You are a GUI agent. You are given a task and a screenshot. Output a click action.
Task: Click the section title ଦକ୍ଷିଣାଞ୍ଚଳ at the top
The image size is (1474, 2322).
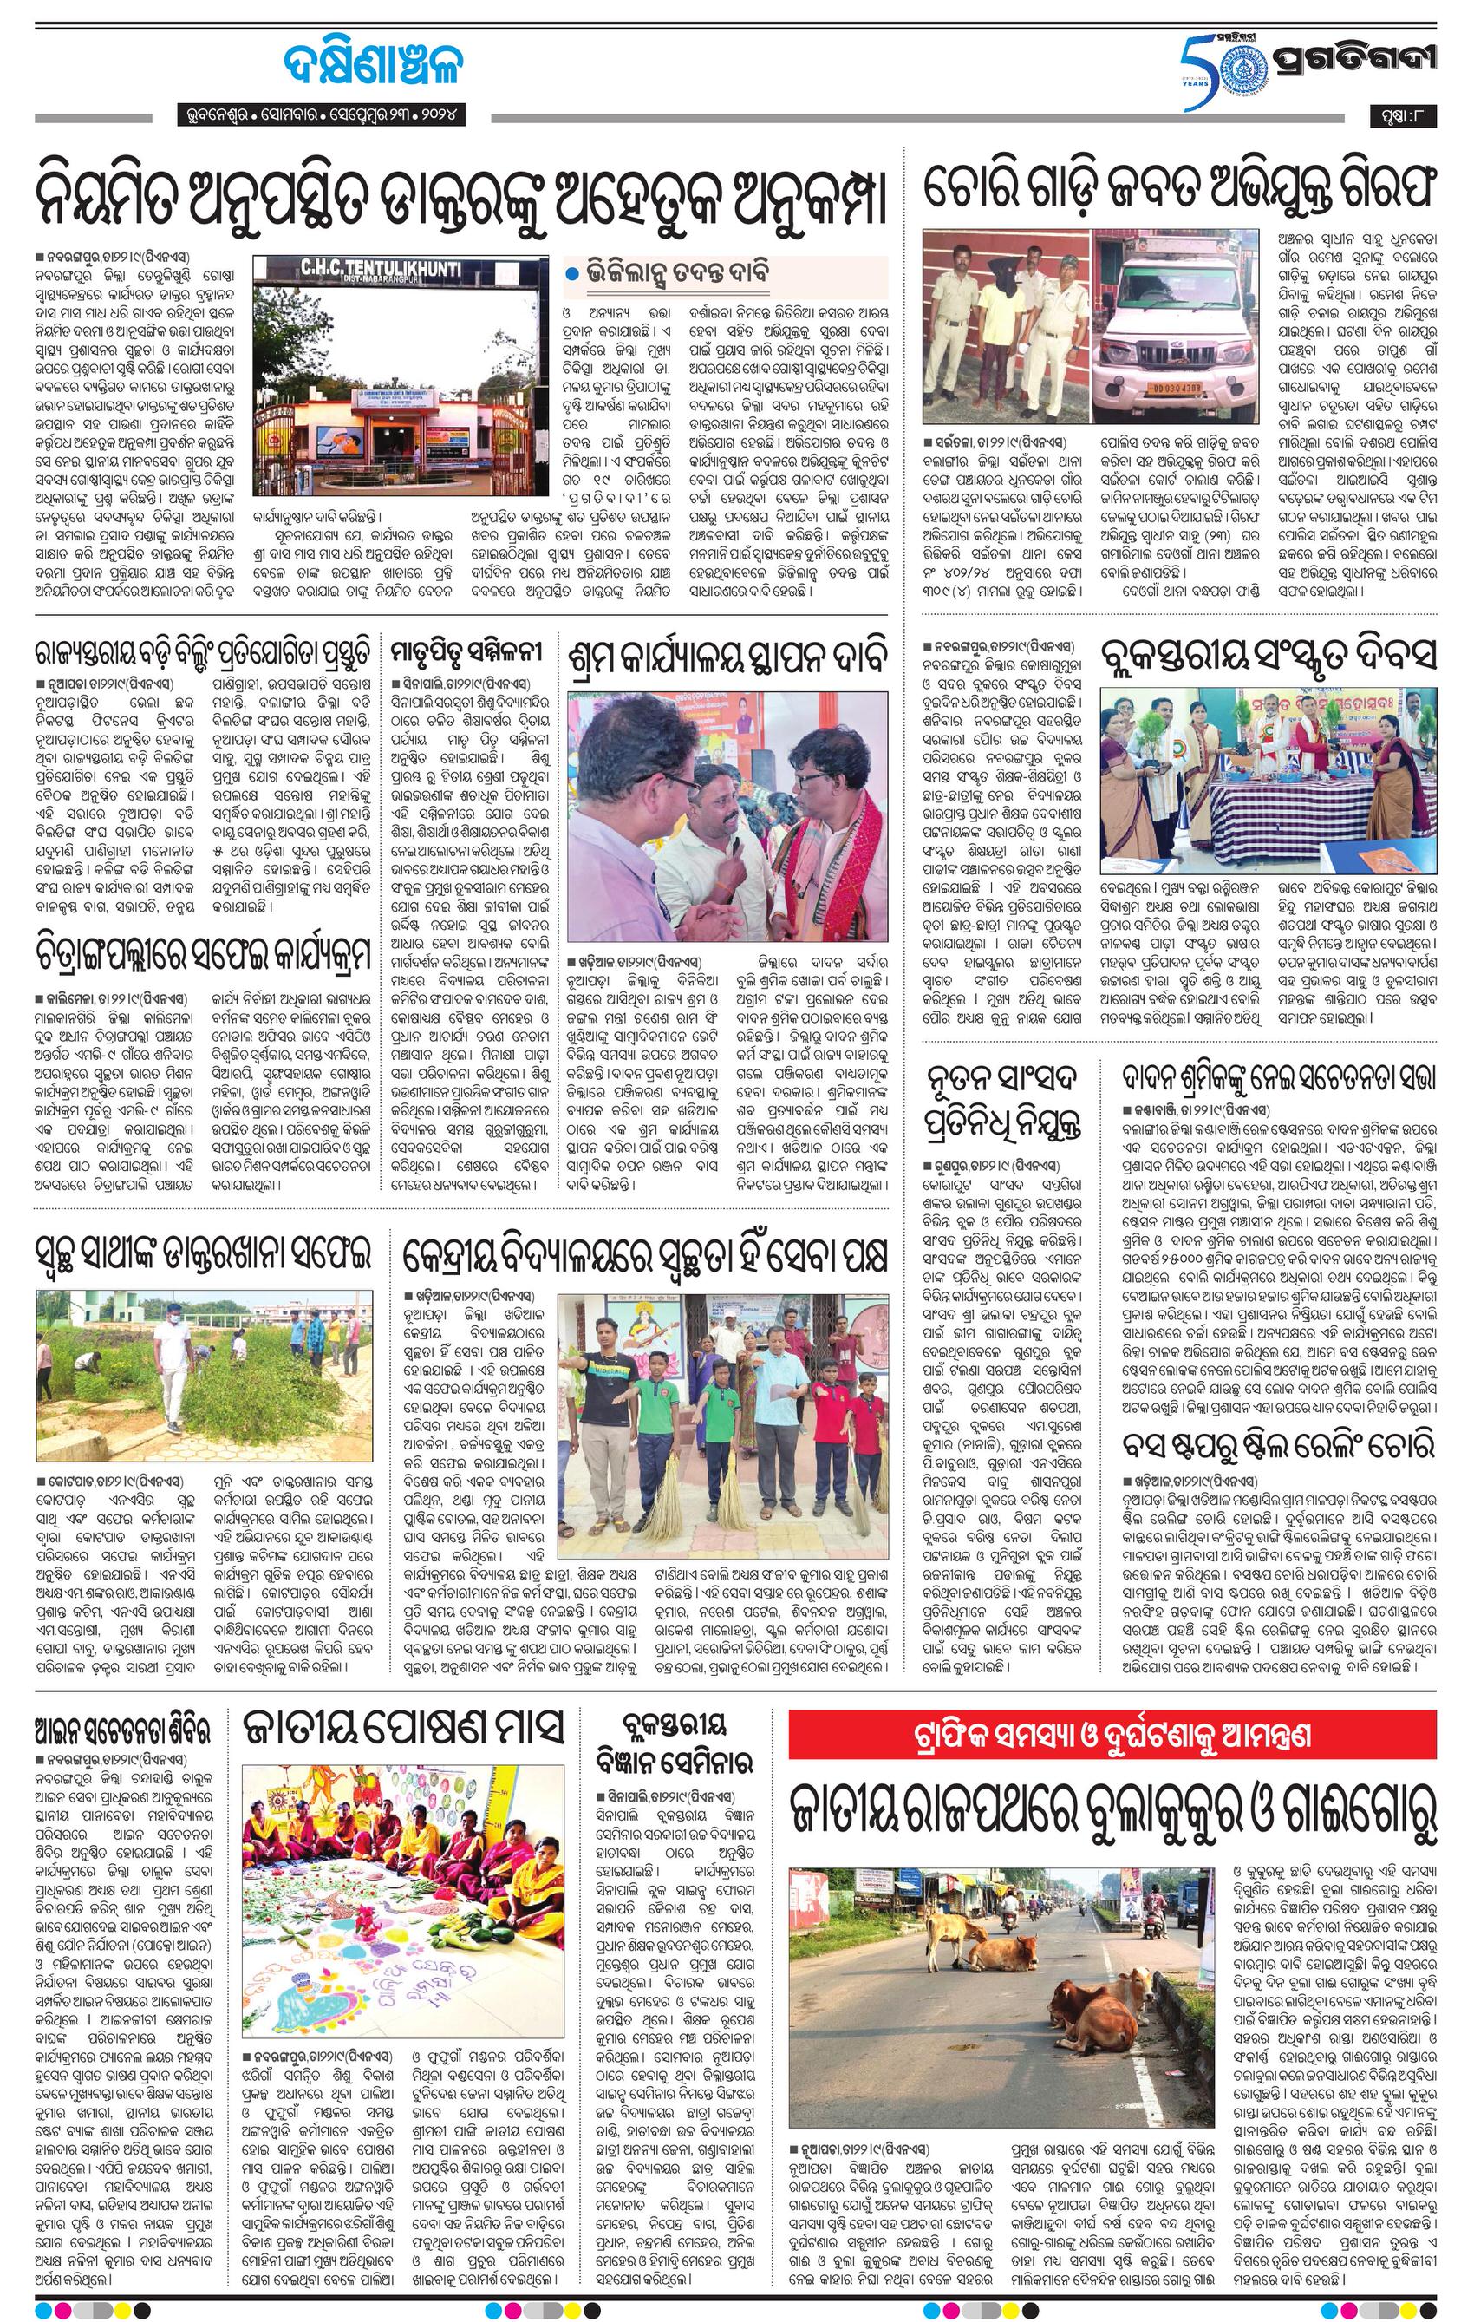373,67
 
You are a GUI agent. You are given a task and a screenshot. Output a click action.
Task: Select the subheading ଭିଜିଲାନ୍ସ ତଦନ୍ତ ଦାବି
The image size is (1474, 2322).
679,273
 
